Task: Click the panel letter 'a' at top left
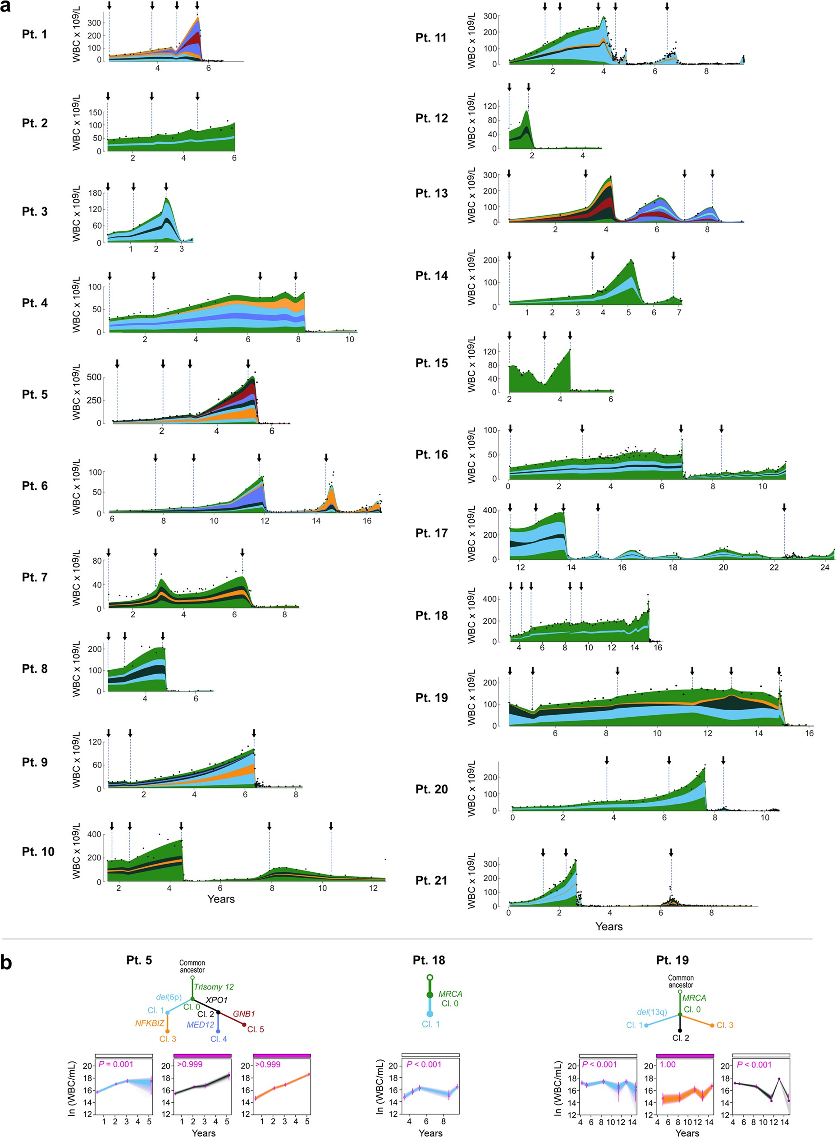[x=6, y=7]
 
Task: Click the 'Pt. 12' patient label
[x=431, y=118]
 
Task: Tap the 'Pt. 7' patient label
[x=34, y=577]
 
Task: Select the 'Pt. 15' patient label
[x=431, y=363]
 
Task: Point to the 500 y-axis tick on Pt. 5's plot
[x=94, y=377]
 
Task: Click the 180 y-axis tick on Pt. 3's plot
[x=95, y=193]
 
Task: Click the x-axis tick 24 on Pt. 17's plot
[x=824, y=567]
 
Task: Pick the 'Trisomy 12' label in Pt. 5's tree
[x=213, y=986]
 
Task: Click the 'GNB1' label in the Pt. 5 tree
[x=244, y=1014]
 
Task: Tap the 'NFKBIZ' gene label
[x=150, y=1023]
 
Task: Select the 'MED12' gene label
[x=200, y=1024]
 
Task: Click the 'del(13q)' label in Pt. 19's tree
[x=652, y=1012]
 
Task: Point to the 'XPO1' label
[x=216, y=999]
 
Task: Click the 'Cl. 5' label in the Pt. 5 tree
[x=256, y=1029]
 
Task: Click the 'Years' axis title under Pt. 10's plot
[x=221, y=899]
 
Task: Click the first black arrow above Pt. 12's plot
[x=509, y=87]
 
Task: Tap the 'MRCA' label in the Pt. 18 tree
[x=450, y=994]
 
